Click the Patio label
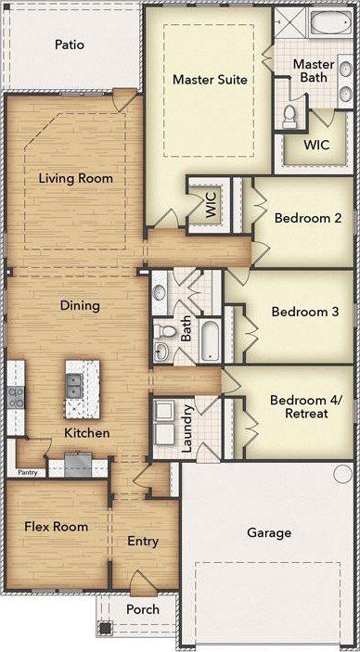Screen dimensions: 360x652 (x=70, y=45)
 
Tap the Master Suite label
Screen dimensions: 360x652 (x=210, y=79)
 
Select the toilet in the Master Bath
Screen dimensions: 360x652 (x=289, y=117)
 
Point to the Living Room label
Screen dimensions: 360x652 (x=76, y=179)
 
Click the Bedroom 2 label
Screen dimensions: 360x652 (x=308, y=218)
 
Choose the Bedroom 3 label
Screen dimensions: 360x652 (x=305, y=312)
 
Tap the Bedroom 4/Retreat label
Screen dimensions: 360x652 (x=305, y=406)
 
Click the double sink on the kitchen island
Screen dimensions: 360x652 (x=76, y=386)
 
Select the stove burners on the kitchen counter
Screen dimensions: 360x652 (x=16, y=397)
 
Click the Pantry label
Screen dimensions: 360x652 (x=28, y=472)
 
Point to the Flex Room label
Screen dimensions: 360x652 (x=57, y=527)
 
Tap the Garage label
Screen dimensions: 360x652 (x=269, y=532)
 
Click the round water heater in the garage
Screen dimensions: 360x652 (x=343, y=473)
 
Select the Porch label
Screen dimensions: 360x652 (x=143, y=609)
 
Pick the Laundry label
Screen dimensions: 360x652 (x=186, y=428)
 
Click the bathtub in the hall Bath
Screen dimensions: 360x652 (x=210, y=339)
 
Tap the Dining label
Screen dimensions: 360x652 (x=80, y=306)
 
